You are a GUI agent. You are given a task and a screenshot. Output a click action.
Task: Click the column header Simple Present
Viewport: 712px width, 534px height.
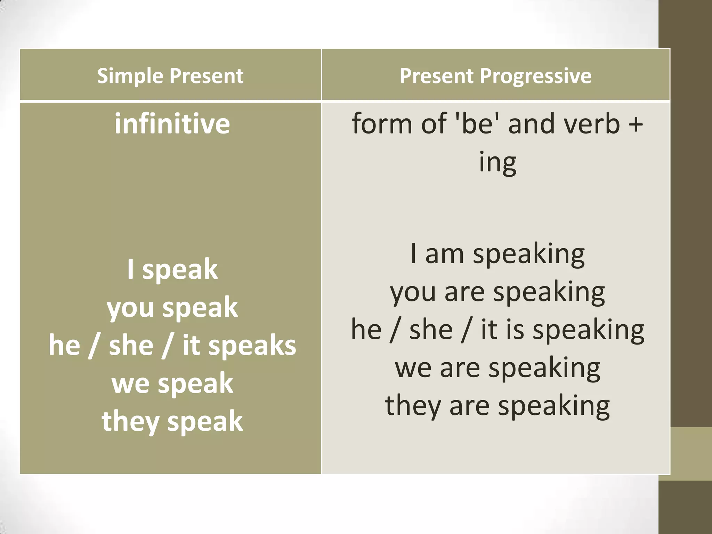click(170, 76)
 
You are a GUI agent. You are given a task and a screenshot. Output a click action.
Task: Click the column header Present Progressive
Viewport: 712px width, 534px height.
click(495, 76)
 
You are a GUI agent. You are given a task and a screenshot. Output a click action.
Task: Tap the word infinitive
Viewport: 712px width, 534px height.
click(172, 124)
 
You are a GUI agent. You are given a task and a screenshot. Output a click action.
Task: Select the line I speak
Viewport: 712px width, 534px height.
click(172, 269)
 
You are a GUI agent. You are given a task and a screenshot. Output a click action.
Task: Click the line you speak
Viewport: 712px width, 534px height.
click(172, 307)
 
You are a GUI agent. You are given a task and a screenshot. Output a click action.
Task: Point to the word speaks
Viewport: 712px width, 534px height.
click(252, 346)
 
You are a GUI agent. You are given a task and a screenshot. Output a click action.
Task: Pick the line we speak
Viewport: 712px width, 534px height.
click(172, 383)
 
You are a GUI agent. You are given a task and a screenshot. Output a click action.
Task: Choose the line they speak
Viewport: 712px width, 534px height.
click(172, 421)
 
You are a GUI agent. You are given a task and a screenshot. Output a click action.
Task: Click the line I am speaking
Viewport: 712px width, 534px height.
click(497, 254)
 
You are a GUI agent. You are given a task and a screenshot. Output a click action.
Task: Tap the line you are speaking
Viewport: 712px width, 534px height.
click(497, 292)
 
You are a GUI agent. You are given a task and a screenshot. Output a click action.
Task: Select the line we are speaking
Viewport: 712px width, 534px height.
click(497, 368)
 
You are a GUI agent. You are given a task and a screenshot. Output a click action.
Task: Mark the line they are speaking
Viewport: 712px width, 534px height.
click(497, 406)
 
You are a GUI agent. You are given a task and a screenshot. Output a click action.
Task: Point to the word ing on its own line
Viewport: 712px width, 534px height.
click(497, 162)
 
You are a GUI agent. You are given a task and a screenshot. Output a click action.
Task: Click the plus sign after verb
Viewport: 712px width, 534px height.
click(636, 124)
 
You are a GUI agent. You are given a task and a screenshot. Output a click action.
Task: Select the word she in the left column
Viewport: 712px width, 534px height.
click(131, 346)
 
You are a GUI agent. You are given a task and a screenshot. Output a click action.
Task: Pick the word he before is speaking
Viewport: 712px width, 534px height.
click(366, 330)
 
